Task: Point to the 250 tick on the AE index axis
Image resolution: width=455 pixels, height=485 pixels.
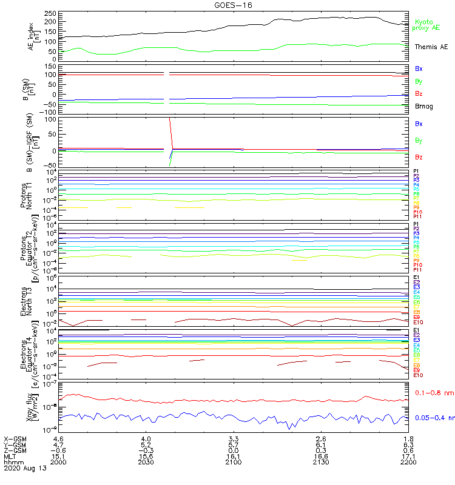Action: pyautogui.click(x=51, y=13)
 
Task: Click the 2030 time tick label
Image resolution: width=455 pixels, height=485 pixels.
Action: pyautogui.click(x=146, y=462)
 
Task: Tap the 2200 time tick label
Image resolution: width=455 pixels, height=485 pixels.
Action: pyautogui.click(x=409, y=462)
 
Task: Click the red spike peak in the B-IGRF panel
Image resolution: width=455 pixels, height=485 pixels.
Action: pyautogui.click(x=169, y=119)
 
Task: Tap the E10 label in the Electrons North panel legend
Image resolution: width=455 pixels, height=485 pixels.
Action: pyautogui.click(x=418, y=322)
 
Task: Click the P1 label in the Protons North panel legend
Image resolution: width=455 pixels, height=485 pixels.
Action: pyautogui.click(x=416, y=171)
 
